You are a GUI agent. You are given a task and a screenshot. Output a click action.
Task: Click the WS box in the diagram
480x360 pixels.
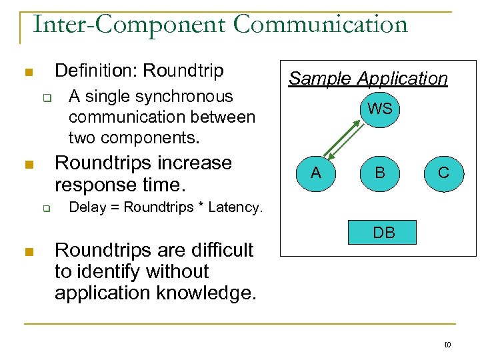[x=379, y=108]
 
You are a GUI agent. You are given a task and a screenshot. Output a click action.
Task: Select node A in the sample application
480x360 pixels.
[x=316, y=173]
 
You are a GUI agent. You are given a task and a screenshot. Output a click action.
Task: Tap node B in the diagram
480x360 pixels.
[x=379, y=173]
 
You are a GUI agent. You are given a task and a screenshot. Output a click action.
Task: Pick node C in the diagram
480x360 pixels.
[x=443, y=173]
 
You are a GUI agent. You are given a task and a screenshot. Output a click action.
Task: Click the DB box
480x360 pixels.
[x=384, y=232]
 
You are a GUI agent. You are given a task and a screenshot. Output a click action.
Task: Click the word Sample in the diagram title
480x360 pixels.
[x=319, y=79]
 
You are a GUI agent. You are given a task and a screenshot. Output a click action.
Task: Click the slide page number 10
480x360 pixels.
[x=447, y=345]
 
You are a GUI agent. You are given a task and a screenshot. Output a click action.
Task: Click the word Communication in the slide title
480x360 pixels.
[x=321, y=25]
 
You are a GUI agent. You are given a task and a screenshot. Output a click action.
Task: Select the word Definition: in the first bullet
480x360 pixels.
[x=97, y=70]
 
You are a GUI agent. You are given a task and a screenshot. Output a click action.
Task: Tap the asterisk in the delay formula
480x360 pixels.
[x=200, y=207]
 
